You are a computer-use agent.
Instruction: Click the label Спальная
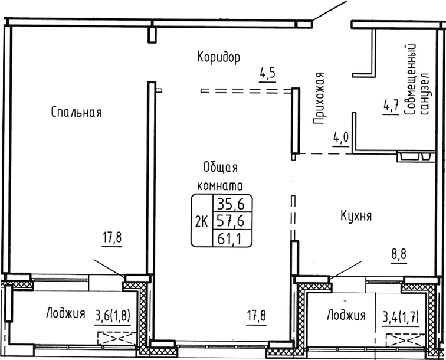pyautogui.click(x=77, y=112)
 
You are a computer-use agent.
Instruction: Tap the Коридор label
pyautogui.click(x=218, y=57)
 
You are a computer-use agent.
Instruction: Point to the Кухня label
pyautogui.click(x=355, y=217)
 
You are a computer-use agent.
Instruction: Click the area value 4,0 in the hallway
pyautogui.click(x=340, y=138)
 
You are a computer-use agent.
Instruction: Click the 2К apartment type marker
pyautogui.click(x=201, y=221)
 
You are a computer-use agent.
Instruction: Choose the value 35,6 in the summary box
pyautogui.click(x=231, y=205)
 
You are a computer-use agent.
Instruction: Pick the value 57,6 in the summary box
pyautogui.click(x=231, y=221)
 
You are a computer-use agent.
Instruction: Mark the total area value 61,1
pyautogui.click(x=231, y=238)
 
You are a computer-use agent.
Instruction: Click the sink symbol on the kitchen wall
pyautogui.click(x=416, y=157)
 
